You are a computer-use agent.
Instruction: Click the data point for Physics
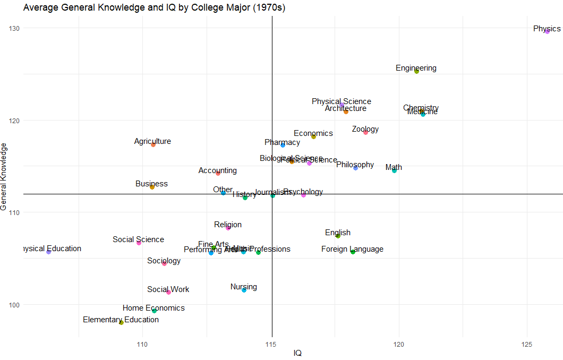547,31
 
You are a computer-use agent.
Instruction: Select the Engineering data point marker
416,71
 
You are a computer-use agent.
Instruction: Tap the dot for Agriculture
153,144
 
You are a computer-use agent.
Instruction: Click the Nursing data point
244,290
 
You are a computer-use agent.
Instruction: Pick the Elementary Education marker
121,322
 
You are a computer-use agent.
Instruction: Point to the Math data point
394,170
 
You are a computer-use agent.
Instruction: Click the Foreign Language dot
353,252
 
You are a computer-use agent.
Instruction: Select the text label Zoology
365,129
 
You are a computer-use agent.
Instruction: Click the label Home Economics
153,308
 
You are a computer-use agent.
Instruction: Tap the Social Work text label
168,289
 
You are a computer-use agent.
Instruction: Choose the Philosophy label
355,165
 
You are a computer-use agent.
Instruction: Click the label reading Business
151,184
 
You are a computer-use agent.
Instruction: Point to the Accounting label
218,170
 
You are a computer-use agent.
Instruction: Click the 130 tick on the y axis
12,28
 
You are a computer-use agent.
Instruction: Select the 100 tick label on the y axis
12,305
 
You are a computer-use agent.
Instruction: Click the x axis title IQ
297,353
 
